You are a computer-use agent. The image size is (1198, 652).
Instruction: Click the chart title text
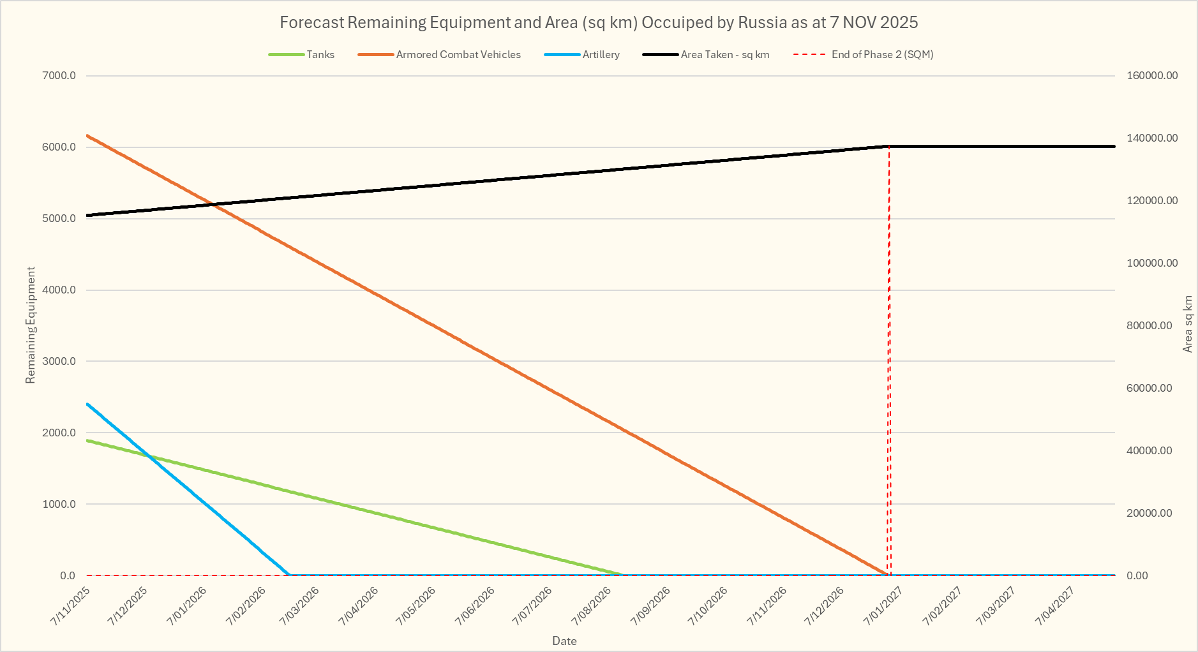(599, 23)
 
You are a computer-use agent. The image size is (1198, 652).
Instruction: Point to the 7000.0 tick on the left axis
(59, 76)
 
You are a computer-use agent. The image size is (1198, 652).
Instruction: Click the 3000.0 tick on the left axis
(59, 362)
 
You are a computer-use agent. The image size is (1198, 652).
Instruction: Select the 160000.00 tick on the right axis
(1152, 76)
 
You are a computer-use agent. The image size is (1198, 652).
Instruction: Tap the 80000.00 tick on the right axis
(1149, 326)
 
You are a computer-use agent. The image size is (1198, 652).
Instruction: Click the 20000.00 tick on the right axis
(1149, 514)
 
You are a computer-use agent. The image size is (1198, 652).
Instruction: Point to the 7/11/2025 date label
(71, 606)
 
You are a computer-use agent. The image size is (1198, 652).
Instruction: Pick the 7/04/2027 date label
(1057, 606)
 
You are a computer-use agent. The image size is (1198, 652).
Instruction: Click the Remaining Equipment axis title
(31, 325)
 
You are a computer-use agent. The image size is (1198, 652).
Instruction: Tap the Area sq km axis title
(1188, 323)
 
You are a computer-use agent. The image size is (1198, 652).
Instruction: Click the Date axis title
(564, 641)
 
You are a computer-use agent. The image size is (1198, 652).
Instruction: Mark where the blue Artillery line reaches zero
(290, 575)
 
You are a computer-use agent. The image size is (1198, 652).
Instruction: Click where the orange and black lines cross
(212, 204)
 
